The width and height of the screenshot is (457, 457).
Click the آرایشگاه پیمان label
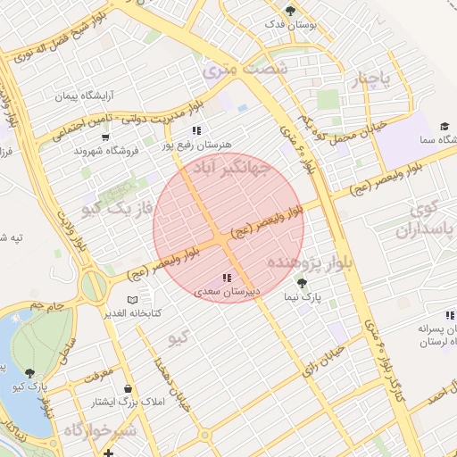pos(87,95)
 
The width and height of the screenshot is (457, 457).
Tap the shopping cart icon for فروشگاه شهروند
pos(105,137)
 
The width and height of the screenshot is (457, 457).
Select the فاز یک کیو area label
pos(119,208)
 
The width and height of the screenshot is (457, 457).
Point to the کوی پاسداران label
pos(426,219)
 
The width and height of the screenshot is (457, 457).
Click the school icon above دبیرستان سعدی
pos(227,278)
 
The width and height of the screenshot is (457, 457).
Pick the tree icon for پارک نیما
pos(301,282)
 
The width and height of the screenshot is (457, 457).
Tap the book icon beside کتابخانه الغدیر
pos(133,300)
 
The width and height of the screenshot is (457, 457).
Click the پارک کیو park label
pos(31,386)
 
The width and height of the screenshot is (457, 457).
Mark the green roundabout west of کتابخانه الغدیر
pos(94,287)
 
